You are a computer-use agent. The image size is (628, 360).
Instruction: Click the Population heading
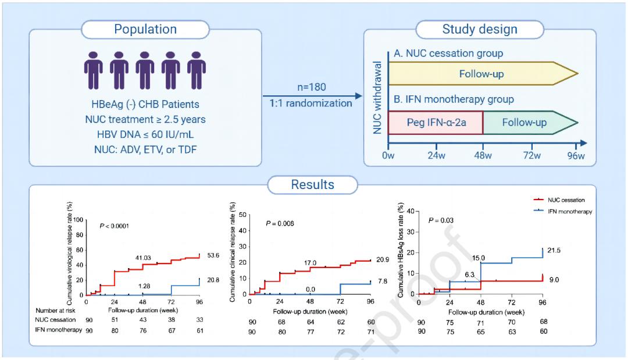click(x=146, y=29)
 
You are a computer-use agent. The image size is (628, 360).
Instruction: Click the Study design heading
click(x=480, y=29)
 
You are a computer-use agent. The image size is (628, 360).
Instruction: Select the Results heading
click(x=313, y=185)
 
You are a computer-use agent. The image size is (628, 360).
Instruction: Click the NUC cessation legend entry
click(x=567, y=200)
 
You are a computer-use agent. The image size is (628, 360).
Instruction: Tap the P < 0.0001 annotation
click(x=116, y=225)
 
